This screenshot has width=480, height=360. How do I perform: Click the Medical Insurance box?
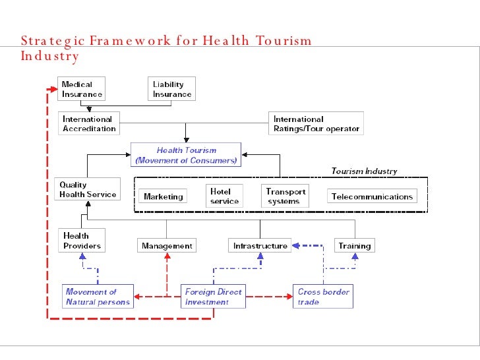pos(82,89)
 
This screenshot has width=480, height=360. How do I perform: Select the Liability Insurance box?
pos(172,89)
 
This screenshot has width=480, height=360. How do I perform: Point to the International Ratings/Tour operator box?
pos(316,124)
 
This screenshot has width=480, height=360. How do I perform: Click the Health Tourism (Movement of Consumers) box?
pos(186,155)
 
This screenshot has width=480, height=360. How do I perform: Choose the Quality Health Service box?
pos(88,190)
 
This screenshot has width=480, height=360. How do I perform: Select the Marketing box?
pos(163,196)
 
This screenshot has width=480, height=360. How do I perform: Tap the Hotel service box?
pos(224,196)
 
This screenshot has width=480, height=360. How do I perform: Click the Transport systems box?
pos(285,196)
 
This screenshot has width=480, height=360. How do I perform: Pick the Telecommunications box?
pos(372,196)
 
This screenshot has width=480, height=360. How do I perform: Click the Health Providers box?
pos(82,241)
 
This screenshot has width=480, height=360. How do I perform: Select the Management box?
pos(167,246)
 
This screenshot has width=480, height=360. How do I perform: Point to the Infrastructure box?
pos(260,246)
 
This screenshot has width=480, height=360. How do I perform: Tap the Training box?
pos(355,246)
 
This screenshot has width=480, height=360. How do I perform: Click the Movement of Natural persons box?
pos(98,297)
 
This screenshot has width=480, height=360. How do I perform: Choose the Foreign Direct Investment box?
pos(213,297)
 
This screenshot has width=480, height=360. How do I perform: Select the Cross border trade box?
pos(324,297)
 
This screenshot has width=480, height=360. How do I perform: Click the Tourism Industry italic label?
pos(364,171)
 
